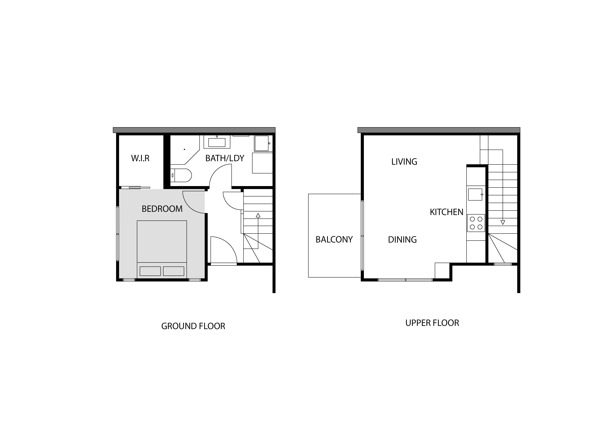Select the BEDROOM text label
tap(162, 209)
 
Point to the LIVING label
tap(404, 162)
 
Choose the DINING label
tap(402, 239)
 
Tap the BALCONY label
tap(334, 239)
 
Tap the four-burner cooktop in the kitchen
tap(476, 223)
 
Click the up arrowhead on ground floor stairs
tap(258, 215)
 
